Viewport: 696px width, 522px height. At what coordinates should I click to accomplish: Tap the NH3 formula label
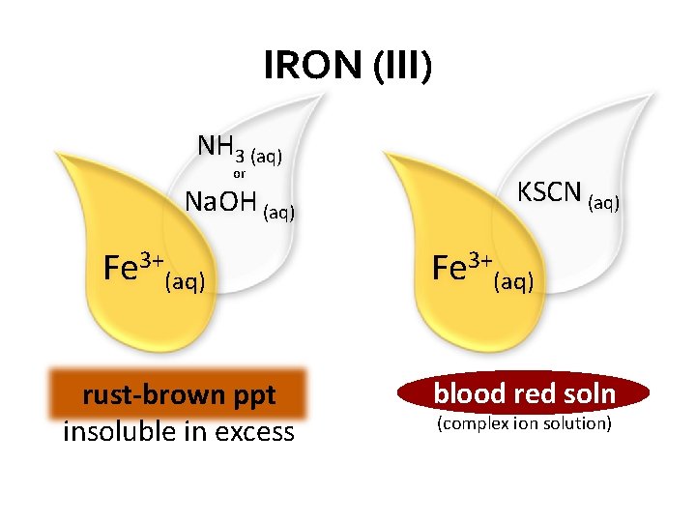tap(220, 148)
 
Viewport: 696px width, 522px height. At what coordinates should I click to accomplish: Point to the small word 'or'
tap(240, 174)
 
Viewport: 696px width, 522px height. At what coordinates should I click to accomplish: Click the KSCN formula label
tap(549, 192)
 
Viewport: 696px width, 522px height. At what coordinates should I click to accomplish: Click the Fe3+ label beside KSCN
tap(462, 267)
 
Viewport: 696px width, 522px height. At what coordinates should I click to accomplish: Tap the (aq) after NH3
tap(266, 155)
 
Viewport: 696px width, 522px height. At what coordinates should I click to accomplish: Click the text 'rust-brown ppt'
tap(179, 395)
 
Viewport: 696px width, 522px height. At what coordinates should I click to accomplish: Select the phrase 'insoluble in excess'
tap(178, 431)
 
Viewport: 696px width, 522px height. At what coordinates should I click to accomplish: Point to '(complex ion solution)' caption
tap(524, 424)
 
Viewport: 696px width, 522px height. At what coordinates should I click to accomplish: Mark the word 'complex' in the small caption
tap(476, 424)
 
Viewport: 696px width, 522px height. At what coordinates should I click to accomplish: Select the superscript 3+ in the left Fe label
tap(150, 258)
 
